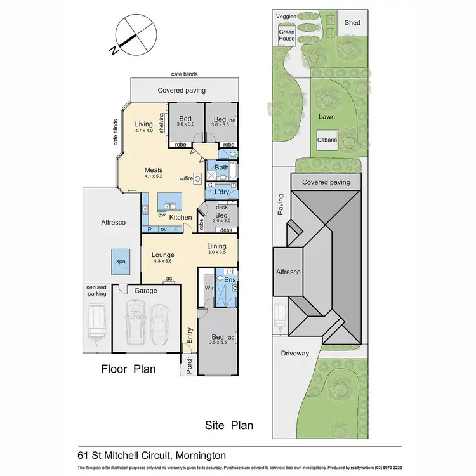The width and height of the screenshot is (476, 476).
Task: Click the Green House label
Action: (x=287, y=36)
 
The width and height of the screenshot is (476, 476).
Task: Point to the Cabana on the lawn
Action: (x=327, y=140)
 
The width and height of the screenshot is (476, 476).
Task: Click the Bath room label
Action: (x=221, y=168)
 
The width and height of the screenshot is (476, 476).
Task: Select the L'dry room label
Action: (x=221, y=192)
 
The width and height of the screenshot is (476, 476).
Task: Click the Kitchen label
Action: (x=180, y=218)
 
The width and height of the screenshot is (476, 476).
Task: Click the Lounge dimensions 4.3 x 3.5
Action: (x=162, y=260)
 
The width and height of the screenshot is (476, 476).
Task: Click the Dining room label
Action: (x=217, y=246)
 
